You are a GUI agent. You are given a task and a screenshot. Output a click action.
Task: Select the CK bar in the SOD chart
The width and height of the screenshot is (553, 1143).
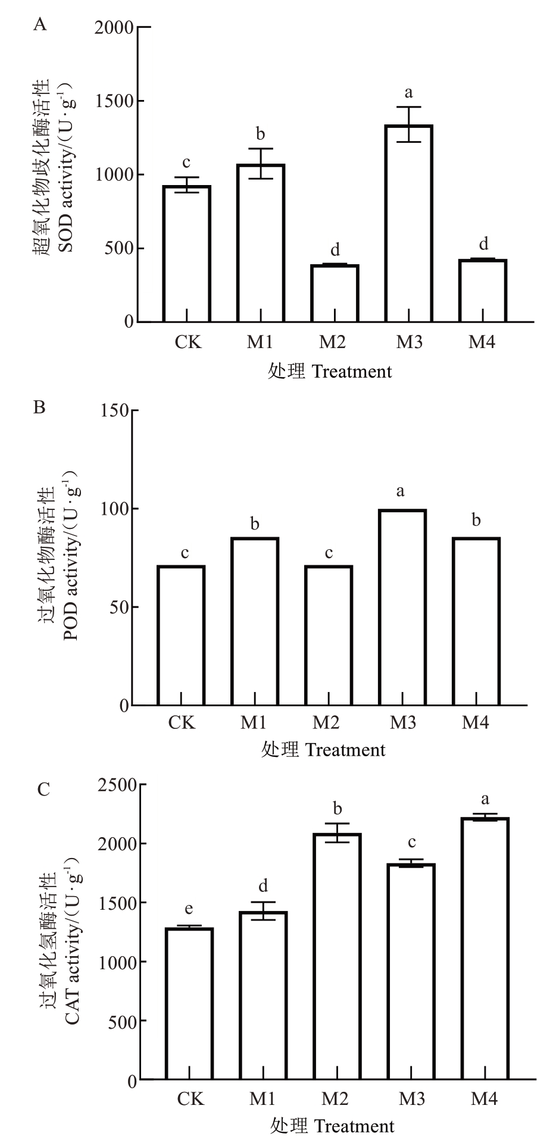[x=187, y=254]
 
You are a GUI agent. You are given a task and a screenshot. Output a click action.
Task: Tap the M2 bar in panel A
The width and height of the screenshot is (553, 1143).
[x=335, y=293]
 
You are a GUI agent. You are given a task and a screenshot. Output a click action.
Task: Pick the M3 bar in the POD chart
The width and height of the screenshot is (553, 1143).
[x=402, y=607]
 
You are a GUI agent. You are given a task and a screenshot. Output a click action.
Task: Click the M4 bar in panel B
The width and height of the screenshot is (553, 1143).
[x=476, y=621]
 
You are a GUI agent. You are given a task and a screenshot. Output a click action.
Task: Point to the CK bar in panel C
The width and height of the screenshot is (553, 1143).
[x=189, y=1004]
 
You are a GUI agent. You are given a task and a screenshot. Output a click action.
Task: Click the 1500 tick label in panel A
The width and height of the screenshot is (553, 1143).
[x=115, y=101]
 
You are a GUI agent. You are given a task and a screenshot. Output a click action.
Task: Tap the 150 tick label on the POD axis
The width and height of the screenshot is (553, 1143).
[x=115, y=411]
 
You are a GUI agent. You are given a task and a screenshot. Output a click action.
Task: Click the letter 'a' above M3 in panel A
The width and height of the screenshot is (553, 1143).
[x=408, y=92]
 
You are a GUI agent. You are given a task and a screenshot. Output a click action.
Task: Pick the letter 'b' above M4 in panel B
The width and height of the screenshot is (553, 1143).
[x=476, y=521]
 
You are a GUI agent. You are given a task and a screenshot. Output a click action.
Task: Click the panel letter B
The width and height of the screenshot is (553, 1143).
[x=40, y=408]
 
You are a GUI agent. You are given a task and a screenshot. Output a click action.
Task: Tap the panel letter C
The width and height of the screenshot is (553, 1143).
[x=42, y=789]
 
